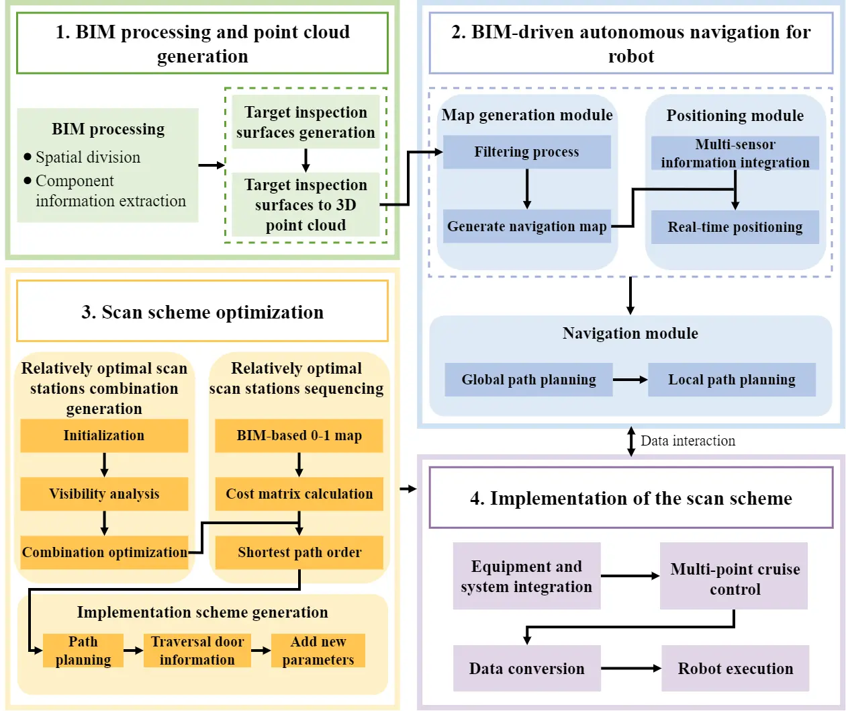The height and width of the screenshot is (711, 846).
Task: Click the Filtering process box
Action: pyautogui.click(x=526, y=152)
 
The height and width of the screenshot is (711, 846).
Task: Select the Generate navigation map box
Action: pyautogui.click(x=526, y=226)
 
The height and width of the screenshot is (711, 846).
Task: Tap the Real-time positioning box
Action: pyautogui.click(x=735, y=227)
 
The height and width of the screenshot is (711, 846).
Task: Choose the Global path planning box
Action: pyautogui.click(x=528, y=380)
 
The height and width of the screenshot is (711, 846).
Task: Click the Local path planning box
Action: pyautogui.click(x=731, y=380)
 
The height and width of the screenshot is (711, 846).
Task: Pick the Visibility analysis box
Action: pyautogui.click(x=104, y=494)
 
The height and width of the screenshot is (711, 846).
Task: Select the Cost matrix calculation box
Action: pyautogui.click(x=299, y=494)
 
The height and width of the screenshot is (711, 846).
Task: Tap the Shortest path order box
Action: pyautogui.click(x=299, y=552)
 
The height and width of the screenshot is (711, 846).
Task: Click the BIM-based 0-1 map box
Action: pyautogui.click(x=299, y=435)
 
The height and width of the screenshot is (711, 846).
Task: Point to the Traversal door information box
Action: pyautogui.click(x=197, y=651)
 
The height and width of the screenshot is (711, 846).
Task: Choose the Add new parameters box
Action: pyautogui.click(x=318, y=651)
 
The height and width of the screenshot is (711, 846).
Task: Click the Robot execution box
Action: pyautogui.click(x=735, y=669)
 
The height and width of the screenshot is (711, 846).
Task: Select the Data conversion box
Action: pyautogui.click(x=526, y=669)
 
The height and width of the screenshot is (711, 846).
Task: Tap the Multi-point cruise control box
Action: pyautogui.click(x=734, y=579)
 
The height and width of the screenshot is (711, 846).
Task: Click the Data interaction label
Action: pyautogui.click(x=688, y=441)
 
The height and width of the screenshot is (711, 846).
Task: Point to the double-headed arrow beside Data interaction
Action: pyautogui.click(x=630, y=441)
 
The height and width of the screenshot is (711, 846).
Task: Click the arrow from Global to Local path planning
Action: pyautogui.click(x=630, y=380)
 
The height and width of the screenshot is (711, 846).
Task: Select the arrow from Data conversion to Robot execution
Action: pyautogui.click(x=630, y=669)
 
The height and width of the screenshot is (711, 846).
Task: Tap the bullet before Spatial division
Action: pyautogui.click(x=28, y=157)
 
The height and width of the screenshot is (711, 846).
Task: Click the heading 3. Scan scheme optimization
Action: pyautogui.click(x=202, y=312)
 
